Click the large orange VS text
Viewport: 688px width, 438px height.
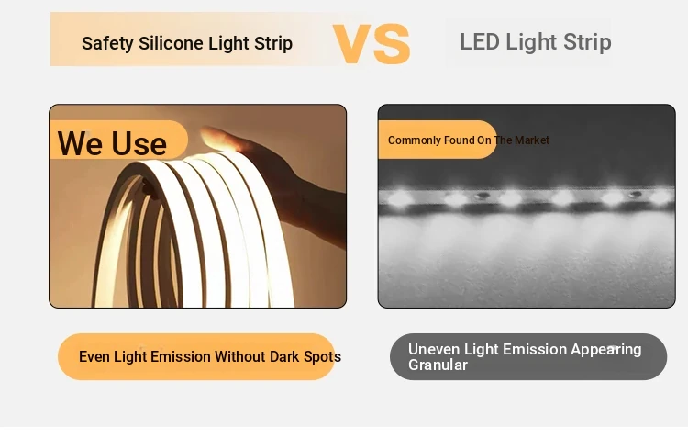tap(372, 43)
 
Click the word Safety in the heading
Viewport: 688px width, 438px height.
tap(107, 43)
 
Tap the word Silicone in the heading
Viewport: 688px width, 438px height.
tap(171, 43)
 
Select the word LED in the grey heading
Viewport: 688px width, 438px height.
tap(480, 42)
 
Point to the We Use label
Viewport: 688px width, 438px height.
tap(112, 143)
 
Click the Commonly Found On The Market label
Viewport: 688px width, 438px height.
tap(468, 140)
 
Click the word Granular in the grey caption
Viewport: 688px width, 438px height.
tap(438, 365)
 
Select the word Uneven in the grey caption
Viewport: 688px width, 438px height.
tap(434, 349)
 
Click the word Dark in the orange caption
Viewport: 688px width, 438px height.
tap(284, 356)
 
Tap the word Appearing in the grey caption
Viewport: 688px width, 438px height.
tap(606, 350)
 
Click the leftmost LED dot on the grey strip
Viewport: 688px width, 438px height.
tap(399, 197)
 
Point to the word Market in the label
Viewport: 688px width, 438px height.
tap(532, 140)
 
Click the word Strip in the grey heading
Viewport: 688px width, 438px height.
tap(587, 42)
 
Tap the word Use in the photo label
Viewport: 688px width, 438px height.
tap(139, 143)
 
